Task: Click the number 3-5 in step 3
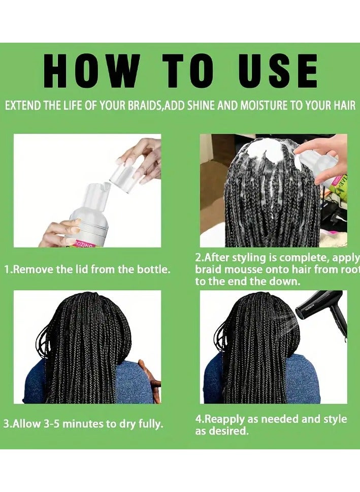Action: [52, 424]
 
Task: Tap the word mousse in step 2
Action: [245, 269]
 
